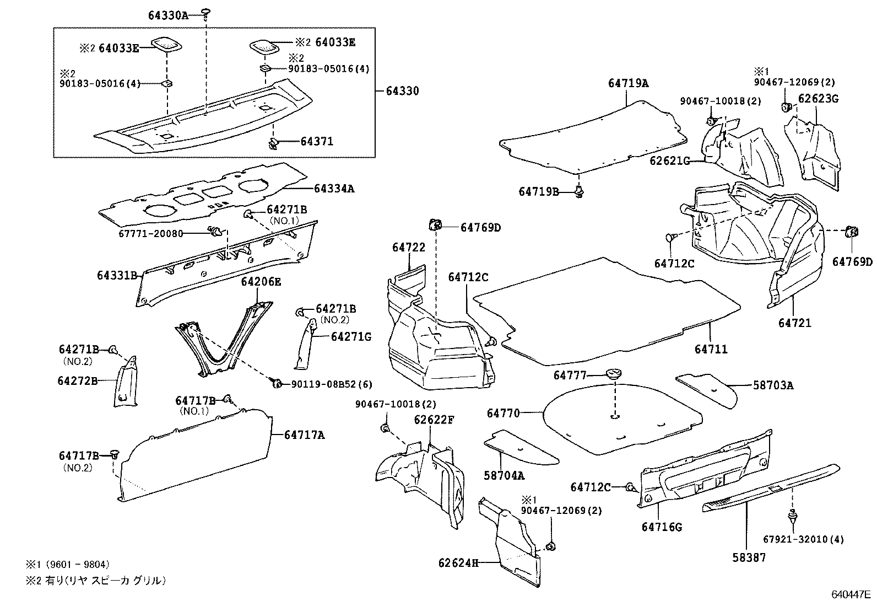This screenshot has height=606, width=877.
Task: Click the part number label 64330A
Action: tap(168, 15)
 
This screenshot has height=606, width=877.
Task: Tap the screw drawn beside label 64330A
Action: tap(205, 13)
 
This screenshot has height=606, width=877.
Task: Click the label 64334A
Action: tap(334, 189)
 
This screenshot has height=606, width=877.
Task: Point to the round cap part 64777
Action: tap(613, 375)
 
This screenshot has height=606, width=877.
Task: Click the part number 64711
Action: tap(711, 349)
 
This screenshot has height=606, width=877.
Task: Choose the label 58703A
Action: tap(773, 385)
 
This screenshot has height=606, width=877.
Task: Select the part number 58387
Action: tap(749, 558)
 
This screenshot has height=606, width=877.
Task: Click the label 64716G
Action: tap(662, 527)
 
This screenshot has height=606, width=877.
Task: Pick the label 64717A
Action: tap(304, 435)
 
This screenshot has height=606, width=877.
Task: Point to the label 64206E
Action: tap(261, 282)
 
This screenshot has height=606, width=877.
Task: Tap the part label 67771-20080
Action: tap(150, 233)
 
